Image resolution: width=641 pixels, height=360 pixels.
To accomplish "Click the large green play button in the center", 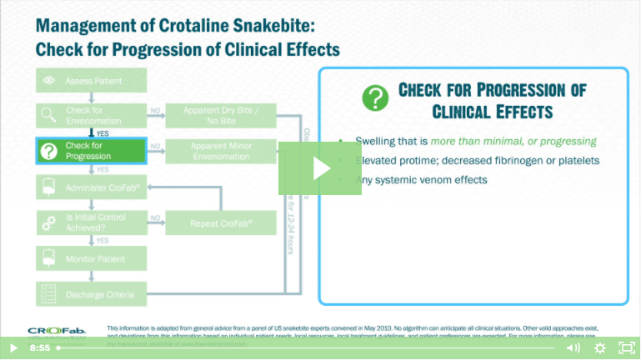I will coord(320,168).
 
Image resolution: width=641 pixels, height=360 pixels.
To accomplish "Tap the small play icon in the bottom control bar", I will coord(13,347).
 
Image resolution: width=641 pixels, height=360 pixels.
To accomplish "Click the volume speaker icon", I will coord(573,347).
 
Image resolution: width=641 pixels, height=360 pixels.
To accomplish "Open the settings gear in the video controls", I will coord(599,347).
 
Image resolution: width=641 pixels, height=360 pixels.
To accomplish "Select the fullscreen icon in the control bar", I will coord(625,347).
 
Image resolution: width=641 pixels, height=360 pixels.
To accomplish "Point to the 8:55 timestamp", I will coord(40,347).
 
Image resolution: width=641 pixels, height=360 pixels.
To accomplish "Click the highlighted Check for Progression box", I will coord(92,151).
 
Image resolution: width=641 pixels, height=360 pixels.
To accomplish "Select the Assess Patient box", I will coord(92,81).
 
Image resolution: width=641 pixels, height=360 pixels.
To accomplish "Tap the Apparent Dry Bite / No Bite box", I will coord(220,116).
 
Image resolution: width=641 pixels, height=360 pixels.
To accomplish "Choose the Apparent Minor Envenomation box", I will coord(220,151).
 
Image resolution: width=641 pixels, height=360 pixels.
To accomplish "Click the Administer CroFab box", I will coord(92,187).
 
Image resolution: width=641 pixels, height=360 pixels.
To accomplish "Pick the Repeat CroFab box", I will coord(220,222).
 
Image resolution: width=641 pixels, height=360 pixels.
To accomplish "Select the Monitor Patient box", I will coord(92,258).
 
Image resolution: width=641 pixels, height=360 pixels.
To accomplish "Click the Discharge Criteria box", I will coord(92,293).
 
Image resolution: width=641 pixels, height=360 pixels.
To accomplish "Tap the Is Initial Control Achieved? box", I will coord(92,222).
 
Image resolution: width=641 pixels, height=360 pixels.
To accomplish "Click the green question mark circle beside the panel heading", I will coord(375,97).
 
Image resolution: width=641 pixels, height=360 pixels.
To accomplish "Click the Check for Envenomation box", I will coord(92,116).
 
